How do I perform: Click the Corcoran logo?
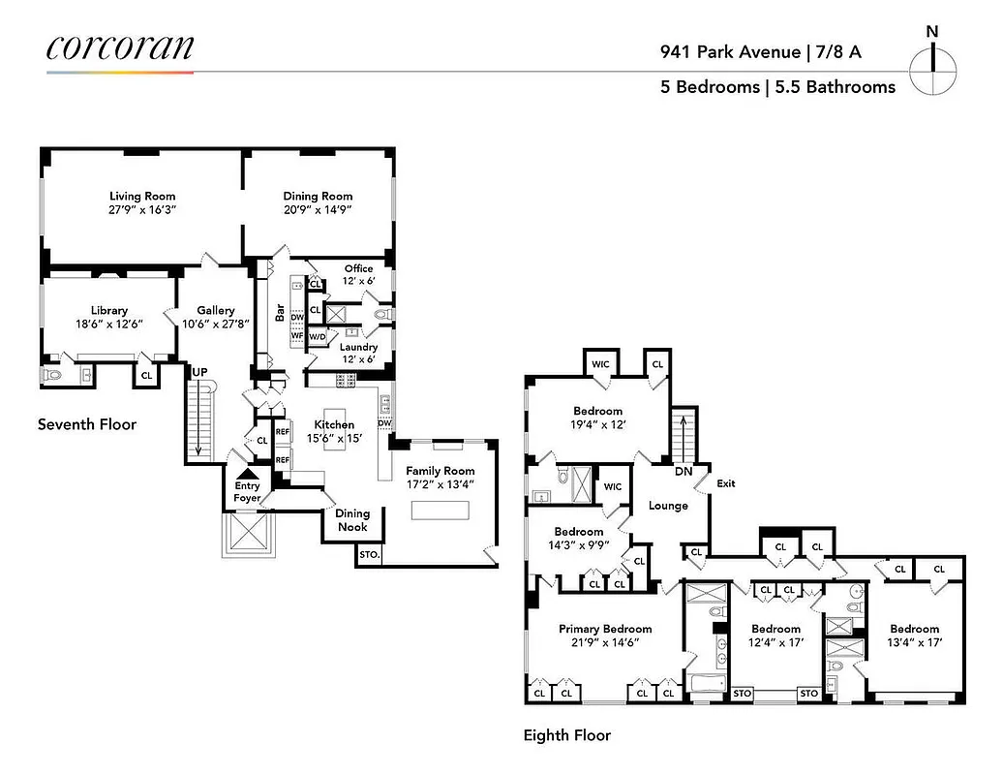pyautogui.click(x=120, y=48)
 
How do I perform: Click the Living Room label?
pyautogui.click(x=142, y=197)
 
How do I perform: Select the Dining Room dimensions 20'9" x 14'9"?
pyautogui.click(x=318, y=209)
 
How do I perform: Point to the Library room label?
pyautogui.click(x=109, y=311)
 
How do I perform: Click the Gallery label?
pyautogui.click(x=216, y=311)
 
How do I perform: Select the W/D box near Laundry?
pyautogui.click(x=317, y=337)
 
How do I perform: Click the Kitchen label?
pyautogui.click(x=334, y=424)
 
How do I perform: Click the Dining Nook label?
pyautogui.click(x=352, y=520)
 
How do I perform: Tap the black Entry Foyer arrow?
pyautogui.click(x=247, y=473)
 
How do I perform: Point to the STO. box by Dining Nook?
pyautogui.click(x=369, y=555)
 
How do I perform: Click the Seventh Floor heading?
pyautogui.click(x=87, y=424)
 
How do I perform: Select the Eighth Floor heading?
pyautogui.click(x=567, y=735)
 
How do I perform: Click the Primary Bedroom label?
pyautogui.click(x=605, y=629)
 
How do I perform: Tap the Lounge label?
pyautogui.click(x=668, y=506)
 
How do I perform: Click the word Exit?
pyautogui.click(x=726, y=483)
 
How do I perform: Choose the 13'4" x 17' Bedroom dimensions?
pyautogui.click(x=915, y=642)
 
